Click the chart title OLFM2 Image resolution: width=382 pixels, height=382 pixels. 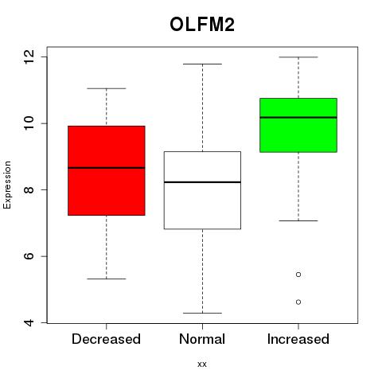point(202,25)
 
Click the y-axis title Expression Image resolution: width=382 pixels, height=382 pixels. point(7,185)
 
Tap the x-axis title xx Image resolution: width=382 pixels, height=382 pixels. point(202,364)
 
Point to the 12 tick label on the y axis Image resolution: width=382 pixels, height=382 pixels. point(29,57)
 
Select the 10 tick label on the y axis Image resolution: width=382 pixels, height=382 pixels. point(29,123)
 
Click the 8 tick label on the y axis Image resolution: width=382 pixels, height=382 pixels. point(29,189)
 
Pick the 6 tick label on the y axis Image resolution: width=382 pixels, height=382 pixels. point(29,256)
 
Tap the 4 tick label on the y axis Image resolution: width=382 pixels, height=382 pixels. point(29,322)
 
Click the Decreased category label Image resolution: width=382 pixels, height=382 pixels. point(106,339)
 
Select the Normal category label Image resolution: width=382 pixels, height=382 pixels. point(202,339)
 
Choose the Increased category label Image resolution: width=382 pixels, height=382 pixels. point(298,339)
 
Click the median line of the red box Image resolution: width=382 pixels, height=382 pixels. point(107,168)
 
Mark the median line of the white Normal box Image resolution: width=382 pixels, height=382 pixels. point(202,182)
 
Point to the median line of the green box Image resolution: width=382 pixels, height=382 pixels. point(298,117)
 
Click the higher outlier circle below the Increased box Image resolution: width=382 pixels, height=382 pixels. point(298,275)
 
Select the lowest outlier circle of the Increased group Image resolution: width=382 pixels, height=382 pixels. point(298,302)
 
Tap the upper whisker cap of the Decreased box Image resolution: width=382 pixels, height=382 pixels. point(107,88)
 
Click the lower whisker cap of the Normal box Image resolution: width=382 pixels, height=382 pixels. point(202,313)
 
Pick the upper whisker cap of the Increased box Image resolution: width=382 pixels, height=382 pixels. point(298,57)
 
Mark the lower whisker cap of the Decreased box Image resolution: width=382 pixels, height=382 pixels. point(107,279)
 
